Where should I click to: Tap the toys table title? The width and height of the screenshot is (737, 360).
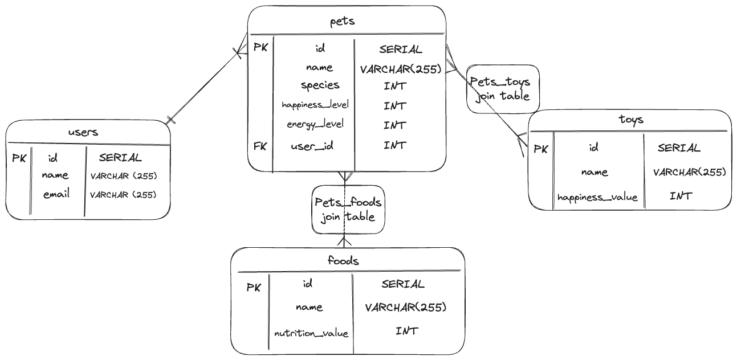[630, 120]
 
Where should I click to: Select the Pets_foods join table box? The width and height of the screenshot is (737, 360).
[348, 209]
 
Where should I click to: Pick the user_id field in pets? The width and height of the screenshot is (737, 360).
[312, 146]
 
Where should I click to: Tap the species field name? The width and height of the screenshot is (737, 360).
[320, 85]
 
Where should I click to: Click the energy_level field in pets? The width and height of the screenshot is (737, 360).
[315, 124]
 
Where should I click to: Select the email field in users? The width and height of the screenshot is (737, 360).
[56, 194]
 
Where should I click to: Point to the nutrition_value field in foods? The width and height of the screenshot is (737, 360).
[311, 333]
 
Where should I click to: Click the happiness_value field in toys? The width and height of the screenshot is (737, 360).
[597, 198]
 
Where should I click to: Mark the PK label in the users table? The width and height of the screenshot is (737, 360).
[19, 158]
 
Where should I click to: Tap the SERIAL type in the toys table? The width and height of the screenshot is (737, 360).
[678, 148]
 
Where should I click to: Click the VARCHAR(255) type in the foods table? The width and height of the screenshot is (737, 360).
[405, 308]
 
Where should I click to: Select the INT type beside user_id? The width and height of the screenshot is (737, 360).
[394, 145]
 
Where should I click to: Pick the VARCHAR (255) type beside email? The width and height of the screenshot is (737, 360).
[123, 194]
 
